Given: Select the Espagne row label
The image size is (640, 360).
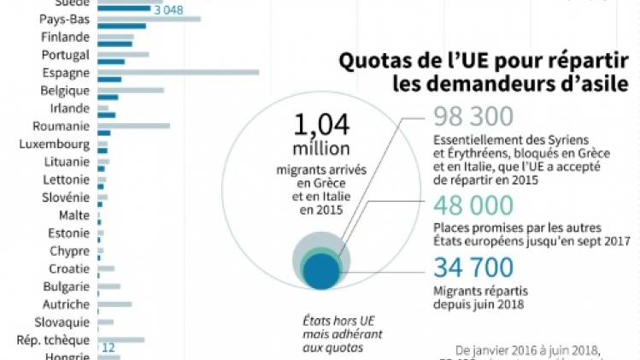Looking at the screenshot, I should [66, 73].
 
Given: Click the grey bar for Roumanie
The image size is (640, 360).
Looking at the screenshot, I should [133, 126].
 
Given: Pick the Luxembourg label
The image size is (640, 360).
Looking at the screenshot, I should [55, 144].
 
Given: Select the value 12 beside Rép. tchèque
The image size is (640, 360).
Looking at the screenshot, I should [109, 348].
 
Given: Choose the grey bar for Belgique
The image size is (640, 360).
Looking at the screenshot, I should [130, 90].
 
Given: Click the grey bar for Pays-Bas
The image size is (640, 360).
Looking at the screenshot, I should [149, 19].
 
